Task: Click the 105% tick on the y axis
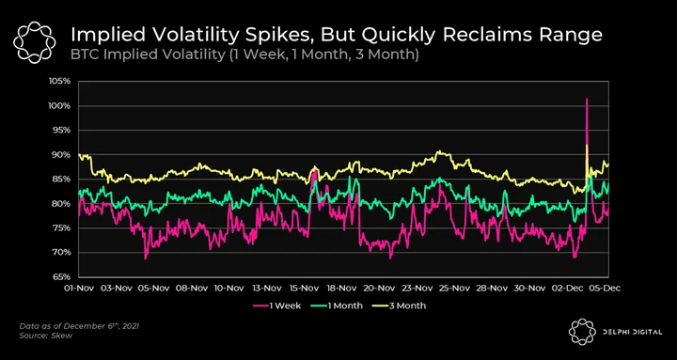[60, 81]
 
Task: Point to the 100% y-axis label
[60, 106]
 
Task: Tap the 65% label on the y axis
[61, 276]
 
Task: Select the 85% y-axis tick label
[61, 180]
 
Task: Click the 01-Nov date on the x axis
[79, 289]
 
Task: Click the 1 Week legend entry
[276, 305]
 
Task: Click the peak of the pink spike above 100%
[587, 99]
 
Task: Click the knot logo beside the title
[35, 41]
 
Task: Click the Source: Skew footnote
[45, 336]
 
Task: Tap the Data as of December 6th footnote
[79, 326]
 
